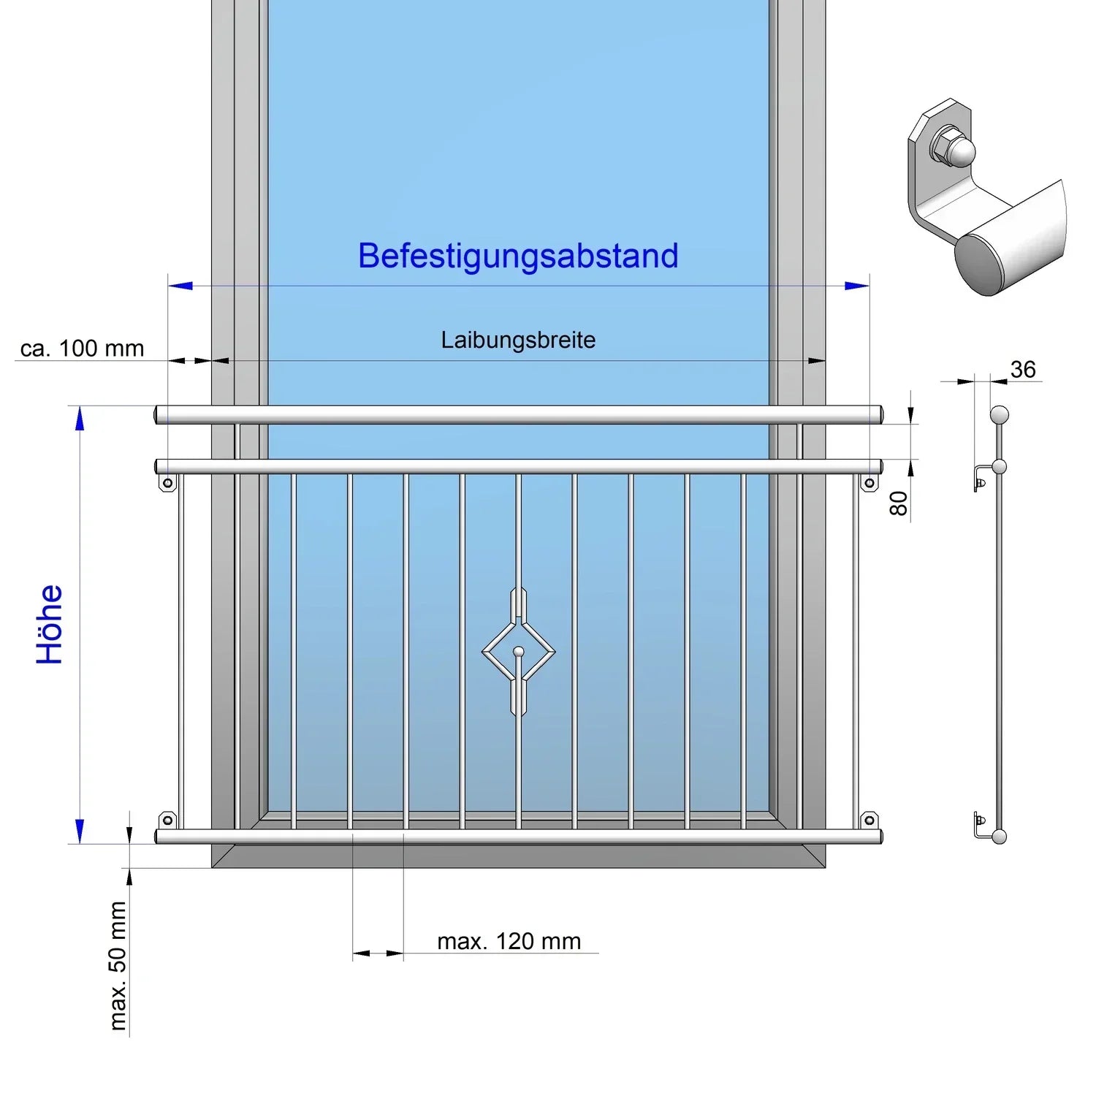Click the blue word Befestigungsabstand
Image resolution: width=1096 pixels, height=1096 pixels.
pyautogui.click(x=518, y=256)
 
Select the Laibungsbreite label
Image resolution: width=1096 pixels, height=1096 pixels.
pyautogui.click(x=518, y=340)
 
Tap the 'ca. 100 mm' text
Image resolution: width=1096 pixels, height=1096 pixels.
pyautogui.click(x=82, y=349)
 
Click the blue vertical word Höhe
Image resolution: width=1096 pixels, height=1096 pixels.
pyautogui.click(x=50, y=625)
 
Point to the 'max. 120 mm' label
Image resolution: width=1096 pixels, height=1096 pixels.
pyautogui.click(x=509, y=941)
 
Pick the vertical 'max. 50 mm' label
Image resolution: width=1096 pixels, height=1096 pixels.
pyautogui.click(x=118, y=965)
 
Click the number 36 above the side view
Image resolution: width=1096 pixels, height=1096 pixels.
pyautogui.click(x=1023, y=370)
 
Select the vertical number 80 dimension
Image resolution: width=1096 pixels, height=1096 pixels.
pyautogui.click(x=899, y=503)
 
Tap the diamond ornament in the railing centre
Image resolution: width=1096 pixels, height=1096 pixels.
pyautogui.click(x=519, y=651)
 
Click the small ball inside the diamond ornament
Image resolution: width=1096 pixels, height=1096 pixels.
pyautogui.click(x=519, y=651)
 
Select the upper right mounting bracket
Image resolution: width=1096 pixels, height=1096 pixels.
pyautogui.click(x=869, y=483)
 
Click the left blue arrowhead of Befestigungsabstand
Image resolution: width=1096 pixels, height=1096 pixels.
pyautogui.click(x=180, y=286)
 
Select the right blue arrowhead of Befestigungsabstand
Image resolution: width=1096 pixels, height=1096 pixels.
pyautogui.click(x=858, y=286)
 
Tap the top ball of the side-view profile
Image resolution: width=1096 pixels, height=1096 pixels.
pyautogui.click(x=999, y=416)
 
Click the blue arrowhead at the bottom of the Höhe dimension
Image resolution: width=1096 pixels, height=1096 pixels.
pyautogui.click(x=80, y=831)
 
